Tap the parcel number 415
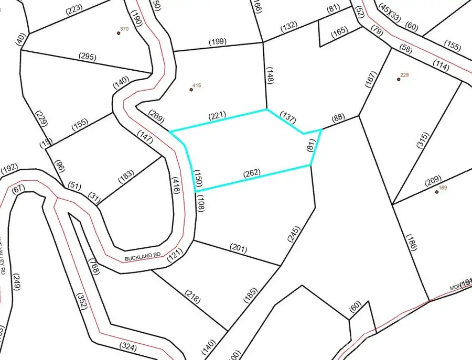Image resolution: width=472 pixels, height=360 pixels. [197, 85]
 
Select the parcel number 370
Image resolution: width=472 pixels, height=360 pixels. [124, 29]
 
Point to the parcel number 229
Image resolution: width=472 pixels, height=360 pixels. [404, 75]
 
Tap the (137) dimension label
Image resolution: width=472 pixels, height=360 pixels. [289, 116]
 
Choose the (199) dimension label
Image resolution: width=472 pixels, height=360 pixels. [217, 41]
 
